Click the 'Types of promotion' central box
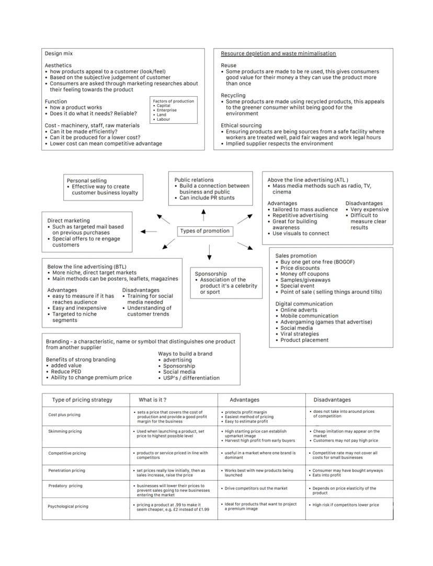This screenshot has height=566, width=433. coord(204,231)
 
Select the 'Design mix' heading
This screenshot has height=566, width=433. coord(59,53)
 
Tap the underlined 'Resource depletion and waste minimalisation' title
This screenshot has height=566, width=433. coord(278,53)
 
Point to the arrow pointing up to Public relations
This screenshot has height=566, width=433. coord(203,214)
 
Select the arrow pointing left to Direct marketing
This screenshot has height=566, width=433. coord(149,231)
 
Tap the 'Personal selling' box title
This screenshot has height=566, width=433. coord(87,180)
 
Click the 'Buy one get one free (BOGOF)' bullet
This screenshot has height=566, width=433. coord(313,261)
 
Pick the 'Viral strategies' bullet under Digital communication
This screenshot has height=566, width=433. coord(299,334)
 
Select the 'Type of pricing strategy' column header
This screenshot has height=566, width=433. coord(82,400)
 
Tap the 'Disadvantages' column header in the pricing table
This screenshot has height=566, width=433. coord(332,400)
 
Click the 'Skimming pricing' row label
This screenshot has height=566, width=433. coord(65,431)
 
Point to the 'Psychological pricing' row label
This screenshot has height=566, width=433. coord(68,506)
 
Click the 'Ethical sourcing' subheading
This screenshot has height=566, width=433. coord(241,125)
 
